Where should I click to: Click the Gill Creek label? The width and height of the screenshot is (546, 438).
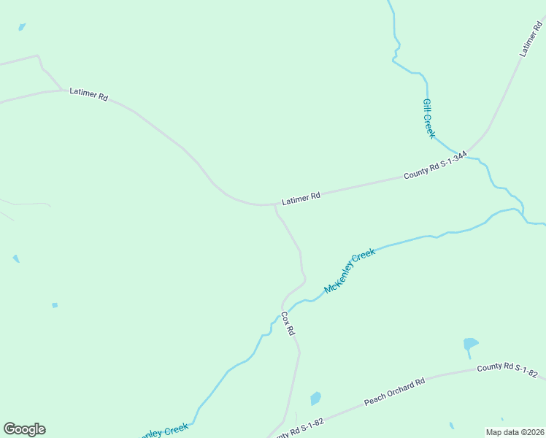429,118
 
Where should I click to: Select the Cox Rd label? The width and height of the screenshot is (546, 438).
288,323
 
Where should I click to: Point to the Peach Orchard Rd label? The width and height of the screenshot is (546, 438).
394,393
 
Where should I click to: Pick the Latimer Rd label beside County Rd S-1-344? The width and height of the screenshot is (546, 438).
301,197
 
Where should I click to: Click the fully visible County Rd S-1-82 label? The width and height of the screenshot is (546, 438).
507,371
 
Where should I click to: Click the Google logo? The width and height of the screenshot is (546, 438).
24,429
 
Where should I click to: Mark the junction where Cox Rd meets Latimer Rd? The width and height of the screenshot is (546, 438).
274,205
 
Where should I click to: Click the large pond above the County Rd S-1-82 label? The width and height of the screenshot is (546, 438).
470,343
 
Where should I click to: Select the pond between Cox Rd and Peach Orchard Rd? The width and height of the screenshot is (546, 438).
315,399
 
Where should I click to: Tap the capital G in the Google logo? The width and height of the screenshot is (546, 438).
9,429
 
